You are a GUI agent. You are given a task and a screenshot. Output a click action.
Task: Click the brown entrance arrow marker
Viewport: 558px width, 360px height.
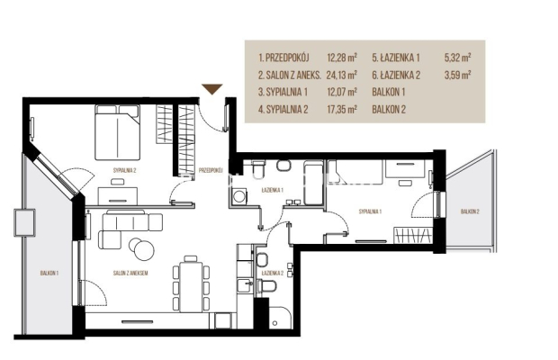212,89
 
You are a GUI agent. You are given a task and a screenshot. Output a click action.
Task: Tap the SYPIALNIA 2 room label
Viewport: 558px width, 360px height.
124,170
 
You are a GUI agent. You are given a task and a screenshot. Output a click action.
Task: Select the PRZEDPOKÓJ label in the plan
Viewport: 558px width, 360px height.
211,170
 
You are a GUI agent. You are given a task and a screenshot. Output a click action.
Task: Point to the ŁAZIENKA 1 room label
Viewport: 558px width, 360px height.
272,190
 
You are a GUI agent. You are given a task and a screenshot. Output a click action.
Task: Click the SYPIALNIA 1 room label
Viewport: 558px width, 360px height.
370,211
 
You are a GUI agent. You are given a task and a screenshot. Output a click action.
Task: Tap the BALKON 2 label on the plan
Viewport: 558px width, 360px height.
470,211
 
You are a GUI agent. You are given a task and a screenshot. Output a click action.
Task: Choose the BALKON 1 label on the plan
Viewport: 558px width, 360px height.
49,274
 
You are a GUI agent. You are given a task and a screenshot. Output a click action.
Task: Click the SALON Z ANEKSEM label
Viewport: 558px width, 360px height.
130,274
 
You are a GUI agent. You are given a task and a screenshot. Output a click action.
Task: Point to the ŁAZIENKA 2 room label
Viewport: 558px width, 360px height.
272,274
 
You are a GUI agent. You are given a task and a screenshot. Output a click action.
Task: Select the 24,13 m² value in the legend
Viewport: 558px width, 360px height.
342,75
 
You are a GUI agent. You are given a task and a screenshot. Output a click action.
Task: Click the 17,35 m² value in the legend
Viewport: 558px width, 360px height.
342,109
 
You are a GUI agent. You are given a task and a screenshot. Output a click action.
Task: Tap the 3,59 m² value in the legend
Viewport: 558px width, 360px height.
457,75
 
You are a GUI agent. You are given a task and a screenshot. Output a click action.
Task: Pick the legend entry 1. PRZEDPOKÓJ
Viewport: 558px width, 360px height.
283,58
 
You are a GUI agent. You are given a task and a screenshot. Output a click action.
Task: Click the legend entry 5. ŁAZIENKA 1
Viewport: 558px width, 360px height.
396,58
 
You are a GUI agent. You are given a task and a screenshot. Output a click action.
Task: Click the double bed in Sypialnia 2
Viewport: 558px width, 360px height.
117,132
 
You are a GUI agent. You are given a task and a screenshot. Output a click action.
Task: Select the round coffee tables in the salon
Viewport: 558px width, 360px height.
141,247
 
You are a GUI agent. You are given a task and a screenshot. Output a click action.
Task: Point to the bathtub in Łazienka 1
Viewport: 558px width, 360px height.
313,183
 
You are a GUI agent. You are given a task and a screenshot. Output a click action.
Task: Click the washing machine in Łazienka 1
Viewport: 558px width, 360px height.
238,196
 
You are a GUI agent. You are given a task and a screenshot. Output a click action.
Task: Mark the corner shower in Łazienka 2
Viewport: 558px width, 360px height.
280,317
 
